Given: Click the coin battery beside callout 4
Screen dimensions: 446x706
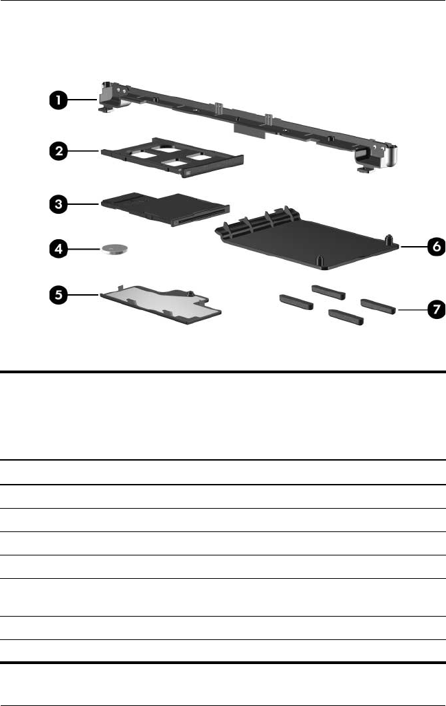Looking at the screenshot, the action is coord(115,248).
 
